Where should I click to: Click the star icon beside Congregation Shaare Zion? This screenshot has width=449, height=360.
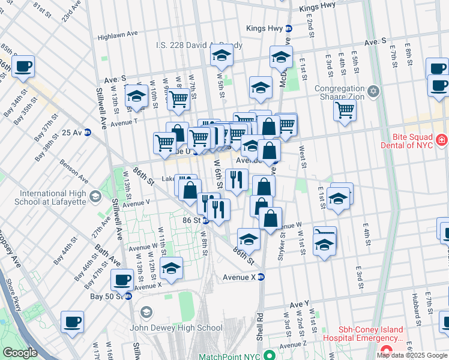[x=374, y=91]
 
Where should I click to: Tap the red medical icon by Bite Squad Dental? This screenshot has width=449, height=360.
[x=442, y=140]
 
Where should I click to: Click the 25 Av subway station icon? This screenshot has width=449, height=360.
[x=88, y=133]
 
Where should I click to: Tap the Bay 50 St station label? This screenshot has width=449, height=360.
[x=105, y=296]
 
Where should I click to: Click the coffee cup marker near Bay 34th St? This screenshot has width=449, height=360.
[x=23, y=67]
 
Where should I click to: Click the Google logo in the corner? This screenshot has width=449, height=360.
[x=20, y=353]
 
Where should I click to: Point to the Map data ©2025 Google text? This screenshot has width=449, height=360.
[x=412, y=355]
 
